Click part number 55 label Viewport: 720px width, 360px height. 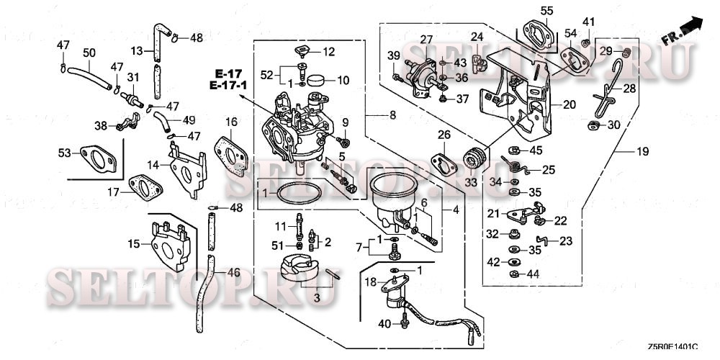pyautogui.click(x=547, y=10)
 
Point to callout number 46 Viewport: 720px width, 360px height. pyautogui.click(x=233, y=273)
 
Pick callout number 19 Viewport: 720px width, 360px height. pyautogui.click(x=642, y=152)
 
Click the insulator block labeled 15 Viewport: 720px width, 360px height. pyautogui.click(x=167, y=241)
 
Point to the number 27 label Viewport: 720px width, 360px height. pyautogui.click(x=426, y=39)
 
